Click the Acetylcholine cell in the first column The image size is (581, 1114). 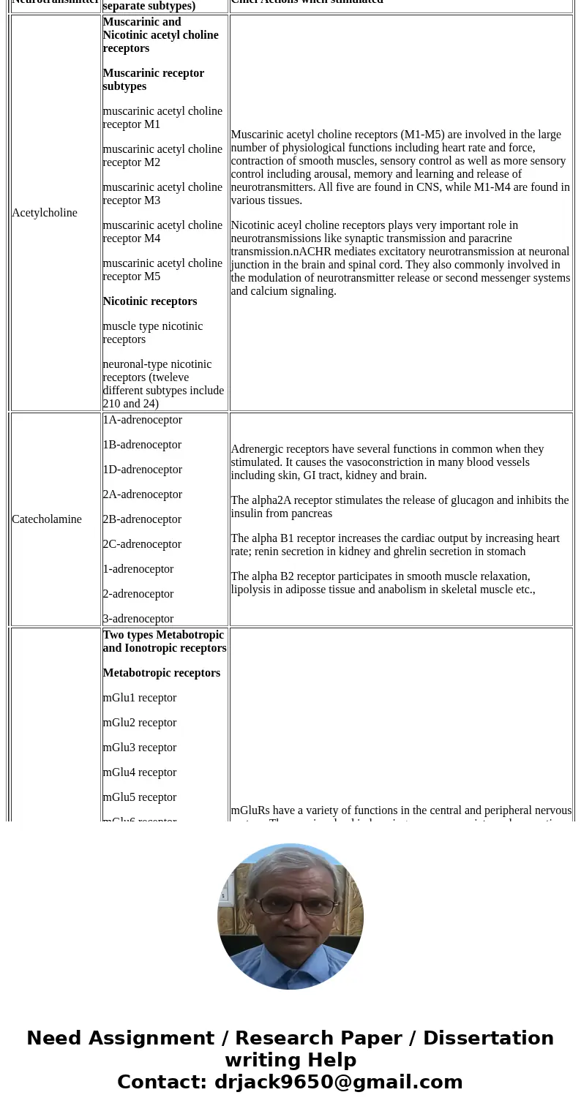[45, 213]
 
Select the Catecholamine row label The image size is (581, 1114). [47, 519]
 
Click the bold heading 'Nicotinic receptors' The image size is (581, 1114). [149, 301]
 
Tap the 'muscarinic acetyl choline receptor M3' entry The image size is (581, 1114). [162, 194]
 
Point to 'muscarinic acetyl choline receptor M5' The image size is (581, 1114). [162, 270]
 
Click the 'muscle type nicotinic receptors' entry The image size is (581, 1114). [152, 333]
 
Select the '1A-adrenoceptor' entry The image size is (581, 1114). [142, 420]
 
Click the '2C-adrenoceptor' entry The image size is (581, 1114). [142, 544]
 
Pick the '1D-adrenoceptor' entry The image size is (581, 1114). [142, 470]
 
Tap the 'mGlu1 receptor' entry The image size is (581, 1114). [139, 698]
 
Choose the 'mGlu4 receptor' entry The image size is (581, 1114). [139, 772]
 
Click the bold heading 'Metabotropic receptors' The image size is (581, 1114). [161, 673]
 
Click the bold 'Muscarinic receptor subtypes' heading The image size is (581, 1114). [153, 80]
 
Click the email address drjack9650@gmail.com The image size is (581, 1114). [338, 1082]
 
